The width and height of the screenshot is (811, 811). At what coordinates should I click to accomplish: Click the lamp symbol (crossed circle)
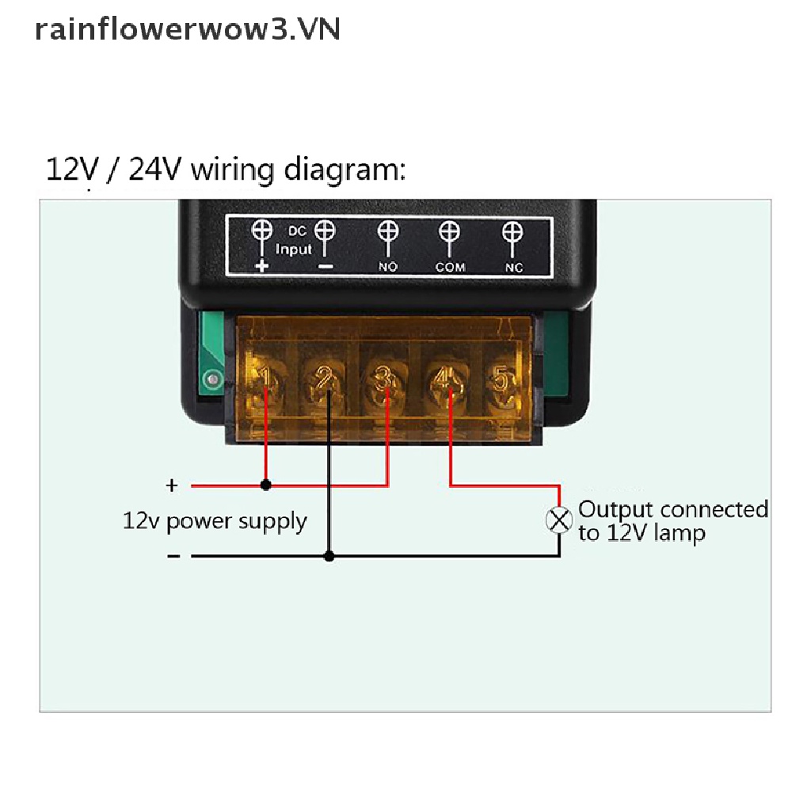(560, 520)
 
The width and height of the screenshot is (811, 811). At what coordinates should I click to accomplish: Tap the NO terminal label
(387, 267)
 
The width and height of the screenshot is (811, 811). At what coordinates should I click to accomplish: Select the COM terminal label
(450, 267)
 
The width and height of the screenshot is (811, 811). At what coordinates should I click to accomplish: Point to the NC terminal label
(514, 267)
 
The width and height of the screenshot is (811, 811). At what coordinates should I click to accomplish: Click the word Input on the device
(294, 249)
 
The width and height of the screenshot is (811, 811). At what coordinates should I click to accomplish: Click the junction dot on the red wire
(266, 485)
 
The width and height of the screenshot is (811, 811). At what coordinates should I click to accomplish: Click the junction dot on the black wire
(329, 556)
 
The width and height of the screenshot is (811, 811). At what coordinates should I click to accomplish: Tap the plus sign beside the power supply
(171, 485)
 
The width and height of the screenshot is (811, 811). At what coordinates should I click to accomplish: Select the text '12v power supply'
(215, 521)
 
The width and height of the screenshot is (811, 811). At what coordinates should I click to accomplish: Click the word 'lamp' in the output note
(678, 533)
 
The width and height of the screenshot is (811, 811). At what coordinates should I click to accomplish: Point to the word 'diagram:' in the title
(345, 170)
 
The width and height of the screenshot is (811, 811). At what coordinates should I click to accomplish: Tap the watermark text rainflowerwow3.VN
(188, 29)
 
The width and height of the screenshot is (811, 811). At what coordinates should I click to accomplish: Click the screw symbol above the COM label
(450, 232)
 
